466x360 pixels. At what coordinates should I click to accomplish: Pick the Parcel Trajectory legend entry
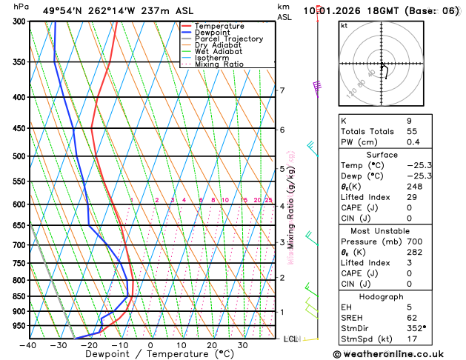(229, 39)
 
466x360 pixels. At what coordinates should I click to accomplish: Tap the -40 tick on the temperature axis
(29, 345)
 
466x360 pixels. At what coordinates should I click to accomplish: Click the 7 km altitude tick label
(282, 90)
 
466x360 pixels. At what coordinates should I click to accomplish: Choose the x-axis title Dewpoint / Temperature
(150, 355)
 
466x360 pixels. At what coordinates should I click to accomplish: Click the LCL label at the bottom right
(290, 339)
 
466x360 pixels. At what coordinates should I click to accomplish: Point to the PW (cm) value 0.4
(411, 142)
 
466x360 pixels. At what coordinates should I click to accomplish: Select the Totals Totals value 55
(411, 131)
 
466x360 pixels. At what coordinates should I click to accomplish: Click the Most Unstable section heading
(376, 231)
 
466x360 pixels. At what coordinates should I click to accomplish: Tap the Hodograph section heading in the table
(376, 296)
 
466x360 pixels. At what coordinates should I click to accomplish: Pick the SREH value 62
(411, 318)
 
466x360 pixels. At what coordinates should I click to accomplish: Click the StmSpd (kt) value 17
(411, 339)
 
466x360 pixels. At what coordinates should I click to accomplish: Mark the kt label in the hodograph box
(344, 25)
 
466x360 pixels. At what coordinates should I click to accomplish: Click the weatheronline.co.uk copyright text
(395, 354)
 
